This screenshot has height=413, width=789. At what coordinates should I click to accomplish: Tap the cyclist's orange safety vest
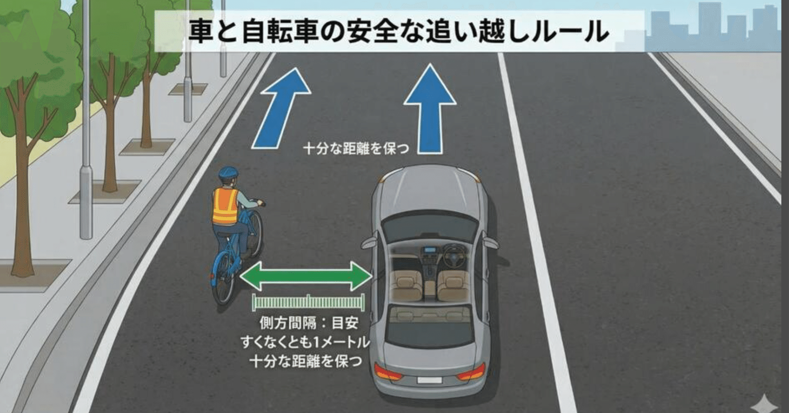225,206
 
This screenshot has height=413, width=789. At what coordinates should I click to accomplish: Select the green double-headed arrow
306,275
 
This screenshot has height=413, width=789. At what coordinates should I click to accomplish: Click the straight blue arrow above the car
430,109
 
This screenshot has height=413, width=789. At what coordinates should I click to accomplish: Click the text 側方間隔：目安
309,322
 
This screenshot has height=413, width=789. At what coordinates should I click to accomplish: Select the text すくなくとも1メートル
305,342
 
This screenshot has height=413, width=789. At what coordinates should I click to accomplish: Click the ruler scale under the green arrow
308,302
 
